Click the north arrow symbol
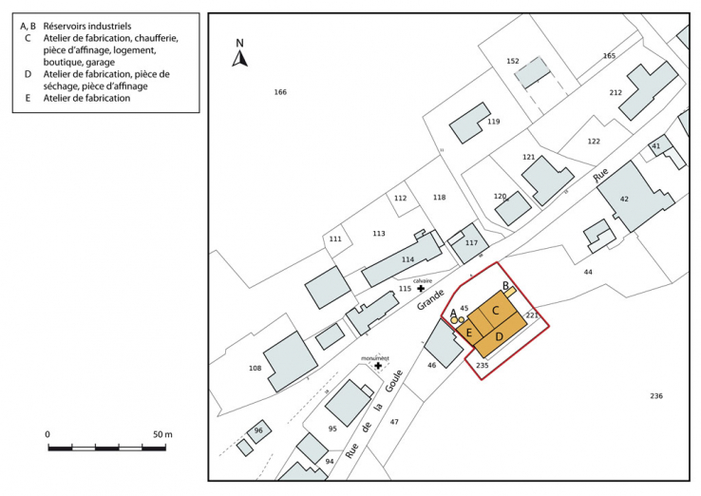coord(240,55)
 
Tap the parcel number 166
coord(280,92)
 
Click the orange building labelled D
coord(500,336)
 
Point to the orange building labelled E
coord(469,332)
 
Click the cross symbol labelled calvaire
coord(421,288)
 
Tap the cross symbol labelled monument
coord(378,366)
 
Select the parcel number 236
coord(656,396)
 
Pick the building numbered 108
coord(288,361)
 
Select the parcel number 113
coord(379,233)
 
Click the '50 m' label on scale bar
coord(162,434)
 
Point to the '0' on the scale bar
coord(47,434)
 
